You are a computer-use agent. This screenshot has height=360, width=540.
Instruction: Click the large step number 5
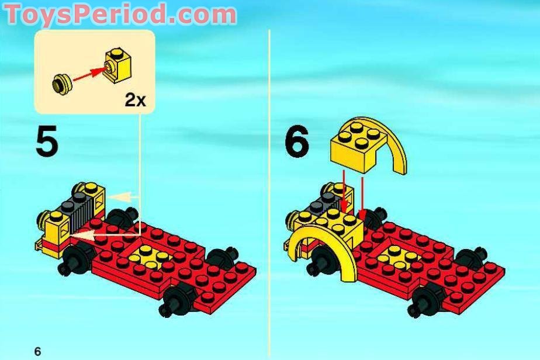(47, 143)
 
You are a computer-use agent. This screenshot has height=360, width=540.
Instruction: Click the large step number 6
(297, 143)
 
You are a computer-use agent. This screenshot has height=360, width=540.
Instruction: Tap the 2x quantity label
(135, 100)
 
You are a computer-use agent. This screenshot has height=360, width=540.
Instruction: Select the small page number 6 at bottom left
(37, 351)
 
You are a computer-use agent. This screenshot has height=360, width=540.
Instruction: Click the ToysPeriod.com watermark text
(120, 14)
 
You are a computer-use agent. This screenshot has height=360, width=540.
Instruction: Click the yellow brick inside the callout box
(117, 67)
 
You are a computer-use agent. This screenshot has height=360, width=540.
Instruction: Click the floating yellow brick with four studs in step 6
(354, 146)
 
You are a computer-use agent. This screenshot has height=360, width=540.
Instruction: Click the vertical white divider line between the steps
(269, 175)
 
